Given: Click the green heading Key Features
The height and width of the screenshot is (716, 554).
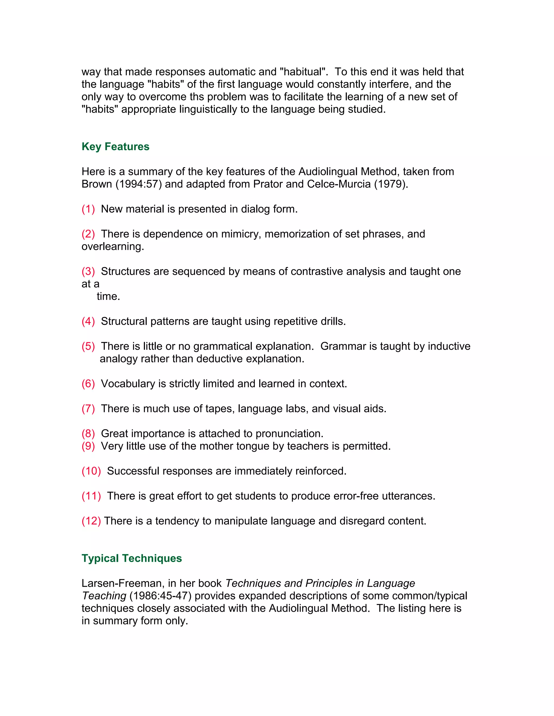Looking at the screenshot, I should (115, 146).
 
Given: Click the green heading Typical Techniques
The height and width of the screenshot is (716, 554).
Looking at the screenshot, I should (132, 558).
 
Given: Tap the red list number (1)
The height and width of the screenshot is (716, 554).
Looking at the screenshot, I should (88, 209).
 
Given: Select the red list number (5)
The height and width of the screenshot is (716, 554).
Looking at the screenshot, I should (88, 346).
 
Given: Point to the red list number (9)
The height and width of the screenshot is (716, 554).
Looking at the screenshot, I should (88, 446).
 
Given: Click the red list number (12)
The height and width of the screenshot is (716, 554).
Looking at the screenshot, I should (91, 521).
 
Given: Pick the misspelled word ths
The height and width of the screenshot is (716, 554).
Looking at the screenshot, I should (197, 97).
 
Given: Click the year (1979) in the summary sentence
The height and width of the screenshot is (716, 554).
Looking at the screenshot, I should (391, 184).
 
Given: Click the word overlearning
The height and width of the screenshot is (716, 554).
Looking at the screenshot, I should (113, 246).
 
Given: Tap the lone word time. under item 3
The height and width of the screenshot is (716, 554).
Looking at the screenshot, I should (108, 296).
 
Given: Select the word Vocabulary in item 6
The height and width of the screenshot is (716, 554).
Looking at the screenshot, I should (128, 384).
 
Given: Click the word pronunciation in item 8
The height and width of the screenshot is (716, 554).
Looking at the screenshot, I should (289, 434).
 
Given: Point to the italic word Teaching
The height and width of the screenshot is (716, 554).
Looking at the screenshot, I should (104, 596).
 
